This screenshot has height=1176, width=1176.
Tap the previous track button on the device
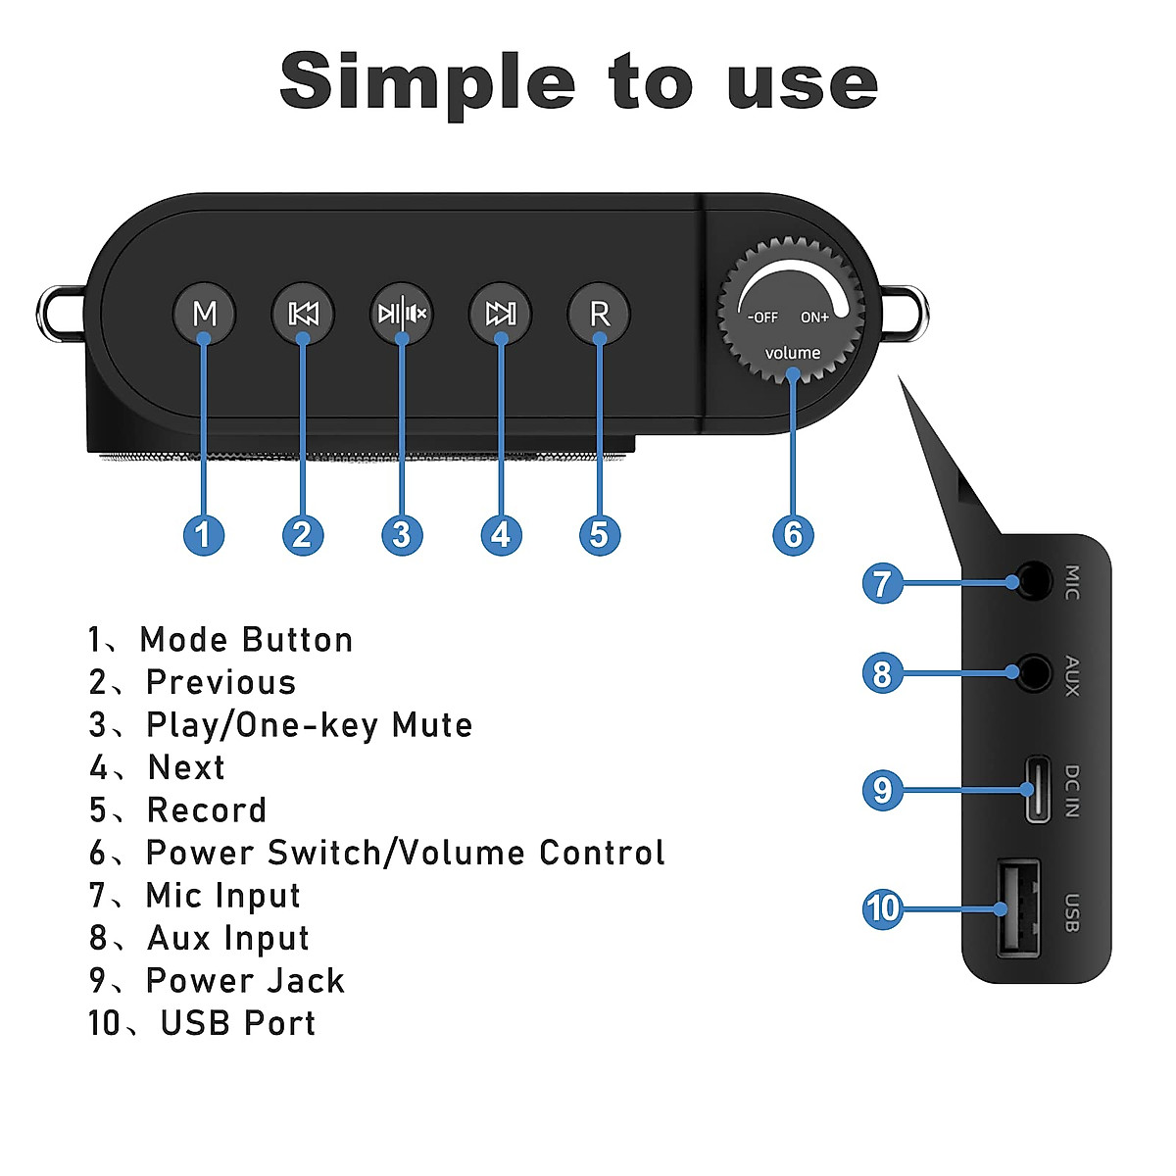click(x=303, y=314)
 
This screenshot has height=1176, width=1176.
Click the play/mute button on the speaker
click(x=402, y=314)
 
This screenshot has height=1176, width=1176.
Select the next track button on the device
click(x=501, y=314)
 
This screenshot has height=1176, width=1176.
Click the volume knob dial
click(x=792, y=309)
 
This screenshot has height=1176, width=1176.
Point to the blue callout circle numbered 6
click(x=793, y=535)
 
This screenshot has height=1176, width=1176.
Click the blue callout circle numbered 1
click(x=204, y=535)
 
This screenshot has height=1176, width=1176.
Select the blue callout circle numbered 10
click(x=882, y=908)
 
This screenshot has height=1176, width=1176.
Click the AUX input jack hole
click(x=1032, y=672)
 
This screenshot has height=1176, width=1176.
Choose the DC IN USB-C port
click(x=1037, y=789)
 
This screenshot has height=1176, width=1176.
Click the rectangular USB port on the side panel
click(x=1018, y=907)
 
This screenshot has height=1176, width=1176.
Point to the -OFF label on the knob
click(x=762, y=318)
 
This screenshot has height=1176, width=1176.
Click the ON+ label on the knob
click(x=814, y=318)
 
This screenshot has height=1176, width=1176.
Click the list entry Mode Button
click(x=245, y=640)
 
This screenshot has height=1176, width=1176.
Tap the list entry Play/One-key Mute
click(x=308, y=725)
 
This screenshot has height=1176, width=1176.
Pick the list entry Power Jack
click(x=245, y=981)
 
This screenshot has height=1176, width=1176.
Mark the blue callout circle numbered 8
click(x=882, y=673)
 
